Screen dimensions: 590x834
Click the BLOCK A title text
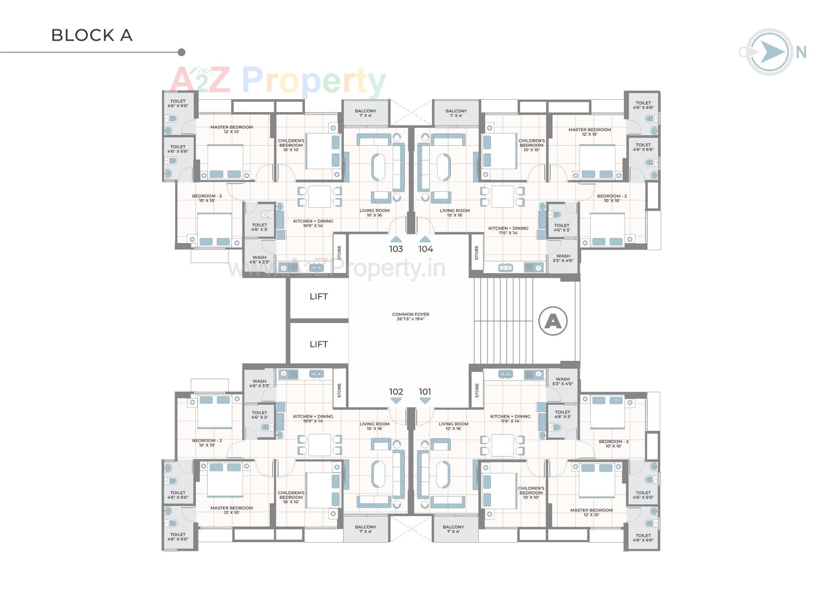coord(92,35)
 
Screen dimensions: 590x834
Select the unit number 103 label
coord(396,249)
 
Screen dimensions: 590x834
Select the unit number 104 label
coord(426,249)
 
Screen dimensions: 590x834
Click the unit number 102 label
coord(396,392)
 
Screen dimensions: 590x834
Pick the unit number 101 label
coord(425,392)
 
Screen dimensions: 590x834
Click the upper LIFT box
coord(318,297)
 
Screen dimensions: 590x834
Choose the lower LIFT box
coord(318,344)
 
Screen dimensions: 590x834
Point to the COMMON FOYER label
coord(410,317)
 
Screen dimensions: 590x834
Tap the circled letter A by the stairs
coord(553,321)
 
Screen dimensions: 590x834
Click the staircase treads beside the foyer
coord(503,321)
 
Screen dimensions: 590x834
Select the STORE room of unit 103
coord(340,253)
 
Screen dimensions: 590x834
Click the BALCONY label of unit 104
coord(456,113)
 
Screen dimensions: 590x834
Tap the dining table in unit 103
coord(319,197)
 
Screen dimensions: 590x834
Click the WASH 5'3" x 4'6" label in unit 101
coord(563,381)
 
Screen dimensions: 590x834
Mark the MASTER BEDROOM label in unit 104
coord(589,132)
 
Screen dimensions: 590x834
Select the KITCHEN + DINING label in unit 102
coord(313,418)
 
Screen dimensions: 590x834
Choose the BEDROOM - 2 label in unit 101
coord(613,443)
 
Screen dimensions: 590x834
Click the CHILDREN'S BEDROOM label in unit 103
coord(291,145)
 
